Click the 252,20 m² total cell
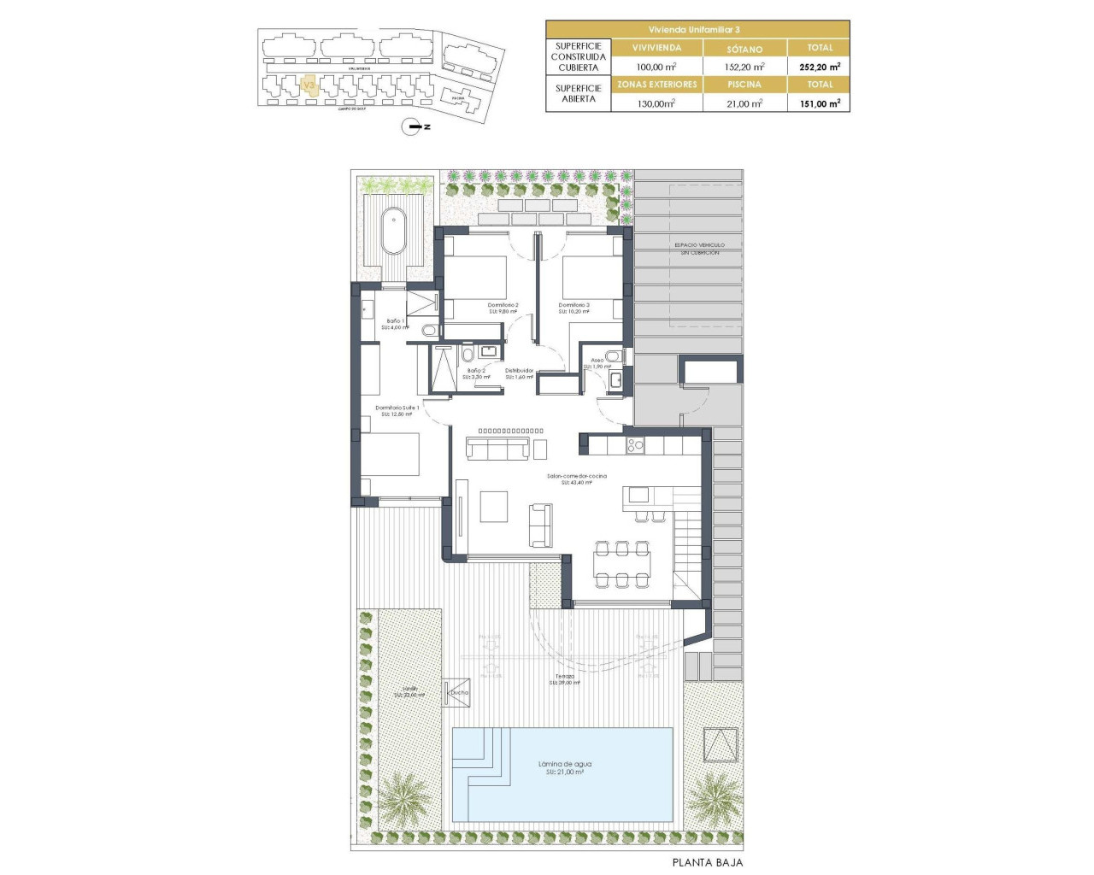(819, 67)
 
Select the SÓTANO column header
(744, 49)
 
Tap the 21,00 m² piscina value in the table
(744, 103)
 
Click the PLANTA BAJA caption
(707, 862)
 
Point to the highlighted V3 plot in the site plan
(310, 86)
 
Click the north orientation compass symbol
(415, 126)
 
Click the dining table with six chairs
(622, 564)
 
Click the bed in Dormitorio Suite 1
(391, 454)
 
